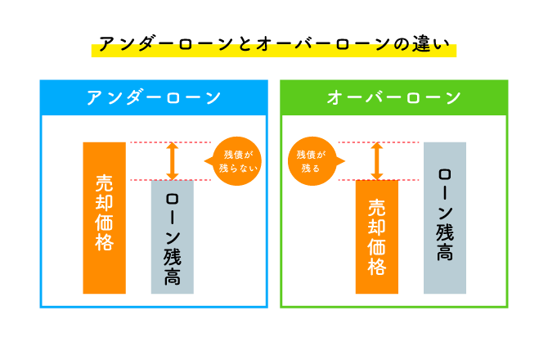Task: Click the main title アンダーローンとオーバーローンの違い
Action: [x=273, y=44]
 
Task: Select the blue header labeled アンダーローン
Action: [x=154, y=97]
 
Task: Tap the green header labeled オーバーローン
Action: [x=393, y=97]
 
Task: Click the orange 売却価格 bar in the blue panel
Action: [x=104, y=218]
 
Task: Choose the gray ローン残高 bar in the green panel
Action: [x=445, y=218]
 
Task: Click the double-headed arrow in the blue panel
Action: [x=172, y=161]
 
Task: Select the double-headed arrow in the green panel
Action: [x=376, y=161]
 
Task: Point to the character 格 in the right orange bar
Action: [x=376, y=267]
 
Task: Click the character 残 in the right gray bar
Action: [x=445, y=232]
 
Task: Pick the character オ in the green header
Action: [x=335, y=97]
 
